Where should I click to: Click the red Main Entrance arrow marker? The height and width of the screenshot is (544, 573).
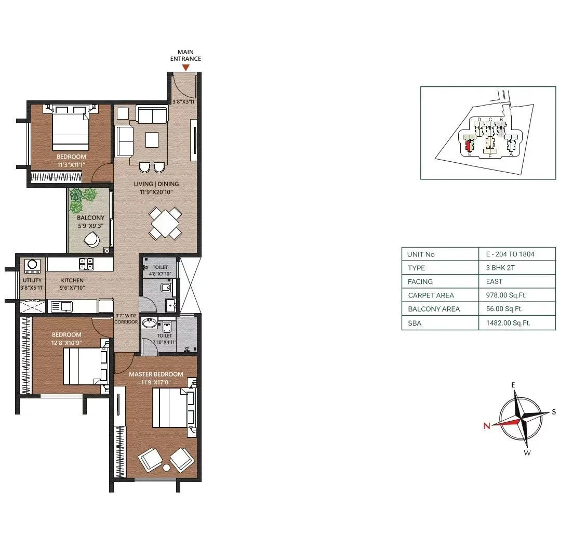click(185, 67)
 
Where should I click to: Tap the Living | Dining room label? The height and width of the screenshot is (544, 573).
click(156, 184)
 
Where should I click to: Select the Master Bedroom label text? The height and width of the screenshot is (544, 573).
click(156, 374)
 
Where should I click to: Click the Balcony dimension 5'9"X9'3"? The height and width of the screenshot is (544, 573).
click(90, 226)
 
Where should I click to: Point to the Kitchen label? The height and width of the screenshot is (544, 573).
click(72, 280)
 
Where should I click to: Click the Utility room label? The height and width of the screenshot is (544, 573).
click(32, 280)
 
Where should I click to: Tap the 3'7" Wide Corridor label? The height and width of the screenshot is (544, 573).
click(126, 319)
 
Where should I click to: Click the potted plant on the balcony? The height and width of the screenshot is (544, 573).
click(83, 197)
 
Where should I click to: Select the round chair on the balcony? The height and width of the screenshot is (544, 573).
click(92, 240)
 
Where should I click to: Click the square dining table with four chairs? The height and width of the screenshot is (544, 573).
click(166, 223)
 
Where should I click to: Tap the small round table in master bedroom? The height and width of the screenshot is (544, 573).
click(167, 468)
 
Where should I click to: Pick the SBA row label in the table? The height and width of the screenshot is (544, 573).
click(414, 323)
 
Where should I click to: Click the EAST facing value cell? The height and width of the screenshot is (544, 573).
click(494, 281)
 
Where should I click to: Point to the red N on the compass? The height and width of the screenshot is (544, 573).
click(487, 426)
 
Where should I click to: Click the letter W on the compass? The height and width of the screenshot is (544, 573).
click(526, 452)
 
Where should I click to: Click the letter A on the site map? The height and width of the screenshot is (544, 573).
click(511, 154)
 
